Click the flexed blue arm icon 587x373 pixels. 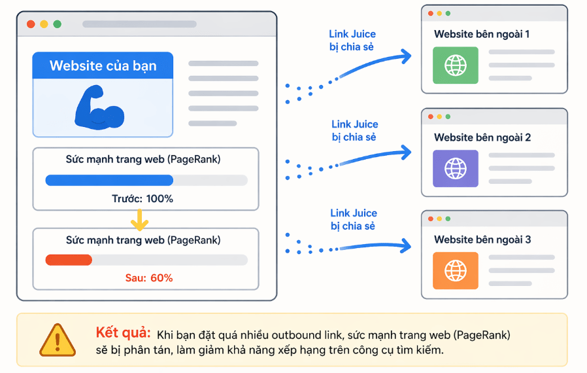point(99,107)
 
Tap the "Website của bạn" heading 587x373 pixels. point(103,65)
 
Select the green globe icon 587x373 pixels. point(455,65)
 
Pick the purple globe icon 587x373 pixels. point(455,168)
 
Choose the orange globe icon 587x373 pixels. point(455,270)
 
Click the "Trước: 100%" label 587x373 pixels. point(143,198)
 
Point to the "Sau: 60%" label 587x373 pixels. point(149,277)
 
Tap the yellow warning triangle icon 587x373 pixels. point(58,340)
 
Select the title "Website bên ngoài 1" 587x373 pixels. point(482,34)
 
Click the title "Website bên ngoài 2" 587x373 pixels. point(482,137)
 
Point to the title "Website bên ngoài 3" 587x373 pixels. point(482,240)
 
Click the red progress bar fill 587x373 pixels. point(69,260)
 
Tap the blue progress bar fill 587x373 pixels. point(109,180)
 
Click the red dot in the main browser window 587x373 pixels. point(31,24)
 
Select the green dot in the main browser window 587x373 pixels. point(57,24)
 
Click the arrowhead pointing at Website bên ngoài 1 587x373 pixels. point(406,56)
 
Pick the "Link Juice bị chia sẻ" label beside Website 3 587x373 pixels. point(353,219)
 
